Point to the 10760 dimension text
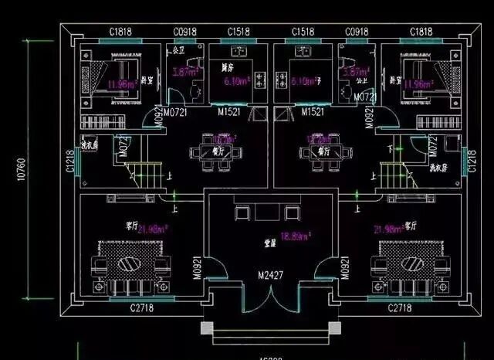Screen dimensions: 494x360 click(18, 170)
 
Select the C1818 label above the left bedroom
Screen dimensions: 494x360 click(120, 31)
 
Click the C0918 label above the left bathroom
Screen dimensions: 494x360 click(184, 31)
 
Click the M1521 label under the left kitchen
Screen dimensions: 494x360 click(228, 113)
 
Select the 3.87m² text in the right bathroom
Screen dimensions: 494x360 click(351, 71)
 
